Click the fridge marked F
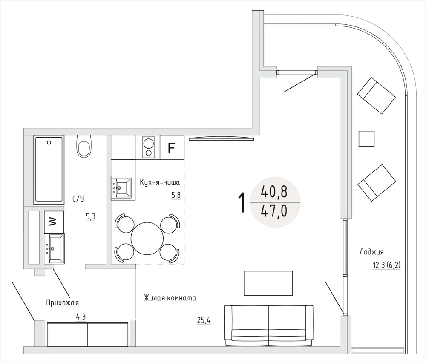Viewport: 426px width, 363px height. pyautogui.click(x=172, y=147)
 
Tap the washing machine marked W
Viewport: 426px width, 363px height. pyautogui.click(x=54, y=222)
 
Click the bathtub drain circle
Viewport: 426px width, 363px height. pyautogui.click(x=49, y=142)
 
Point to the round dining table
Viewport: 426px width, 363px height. pyautogui.click(x=147, y=239)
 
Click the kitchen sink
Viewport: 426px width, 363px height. pyautogui.click(x=123, y=188)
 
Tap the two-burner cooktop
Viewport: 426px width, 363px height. pyautogui.click(x=149, y=147)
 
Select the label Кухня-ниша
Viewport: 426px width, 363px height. pyautogui.click(x=160, y=182)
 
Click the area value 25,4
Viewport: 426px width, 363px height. pyautogui.click(x=204, y=321)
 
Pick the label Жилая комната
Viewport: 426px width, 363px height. pyautogui.click(x=170, y=298)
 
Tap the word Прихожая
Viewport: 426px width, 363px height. pyautogui.click(x=63, y=302)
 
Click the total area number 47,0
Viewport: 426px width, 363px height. pyautogui.click(x=274, y=212)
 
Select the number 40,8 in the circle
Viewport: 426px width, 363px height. pyautogui.click(x=274, y=192)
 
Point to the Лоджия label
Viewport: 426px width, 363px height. pyautogui.click(x=371, y=252)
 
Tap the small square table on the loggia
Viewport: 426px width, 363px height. pyautogui.click(x=366, y=138)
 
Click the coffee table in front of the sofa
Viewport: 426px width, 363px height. pyautogui.click(x=268, y=283)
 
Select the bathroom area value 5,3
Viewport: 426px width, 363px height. pyautogui.click(x=91, y=216)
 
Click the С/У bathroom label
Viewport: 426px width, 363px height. pyautogui.click(x=78, y=199)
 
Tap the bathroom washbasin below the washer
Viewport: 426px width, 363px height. pyautogui.click(x=55, y=249)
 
